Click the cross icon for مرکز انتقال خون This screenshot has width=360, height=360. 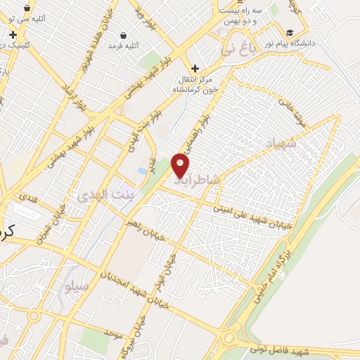[195, 67]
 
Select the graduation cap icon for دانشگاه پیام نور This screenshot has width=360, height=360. [290, 32]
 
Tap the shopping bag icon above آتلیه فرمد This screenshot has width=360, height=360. [124, 34]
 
